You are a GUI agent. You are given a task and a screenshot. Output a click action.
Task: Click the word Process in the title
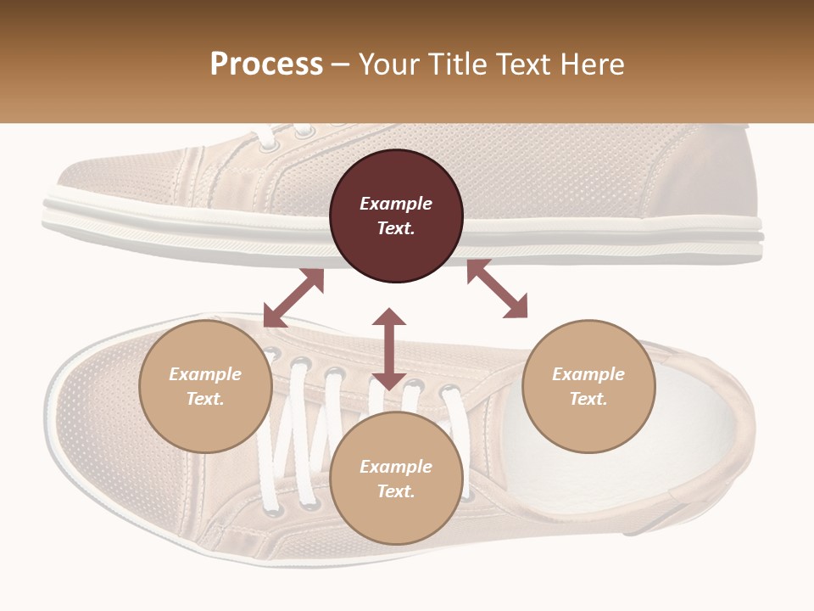tap(266, 64)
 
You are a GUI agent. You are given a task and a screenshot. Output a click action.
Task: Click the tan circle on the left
tap(205, 387)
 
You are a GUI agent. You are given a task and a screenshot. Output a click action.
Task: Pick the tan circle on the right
tap(588, 387)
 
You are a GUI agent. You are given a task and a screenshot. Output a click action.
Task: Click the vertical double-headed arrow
tap(389, 349)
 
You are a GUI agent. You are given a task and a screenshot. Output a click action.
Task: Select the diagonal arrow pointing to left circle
tap(293, 298)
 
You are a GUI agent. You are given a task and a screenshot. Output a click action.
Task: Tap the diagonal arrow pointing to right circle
tap(497, 289)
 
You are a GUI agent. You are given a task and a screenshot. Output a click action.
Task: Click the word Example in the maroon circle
tap(396, 204)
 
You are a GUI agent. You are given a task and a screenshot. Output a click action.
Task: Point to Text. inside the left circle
tap(205, 400)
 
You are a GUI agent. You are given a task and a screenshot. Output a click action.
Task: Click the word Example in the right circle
tap(588, 374)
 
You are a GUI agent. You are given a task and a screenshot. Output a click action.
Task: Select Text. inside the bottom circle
tap(396, 492)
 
